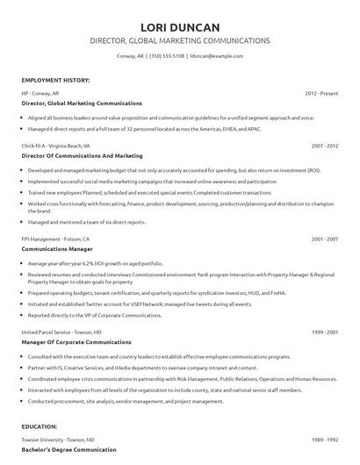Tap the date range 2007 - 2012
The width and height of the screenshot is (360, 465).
point(325,147)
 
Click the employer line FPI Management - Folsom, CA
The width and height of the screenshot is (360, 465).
point(54,238)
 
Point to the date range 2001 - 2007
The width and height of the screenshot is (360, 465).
point(325,238)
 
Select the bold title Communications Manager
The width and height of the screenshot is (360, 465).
point(58,248)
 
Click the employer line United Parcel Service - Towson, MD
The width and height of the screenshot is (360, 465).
point(61,333)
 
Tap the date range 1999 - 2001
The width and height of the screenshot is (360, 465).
point(325,333)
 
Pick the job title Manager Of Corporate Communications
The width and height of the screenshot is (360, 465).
point(76,342)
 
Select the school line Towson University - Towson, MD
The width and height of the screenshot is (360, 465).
point(60,439)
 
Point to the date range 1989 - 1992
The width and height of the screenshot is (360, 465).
point(325,439)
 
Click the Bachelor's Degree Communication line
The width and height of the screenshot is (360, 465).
point(68,449)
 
